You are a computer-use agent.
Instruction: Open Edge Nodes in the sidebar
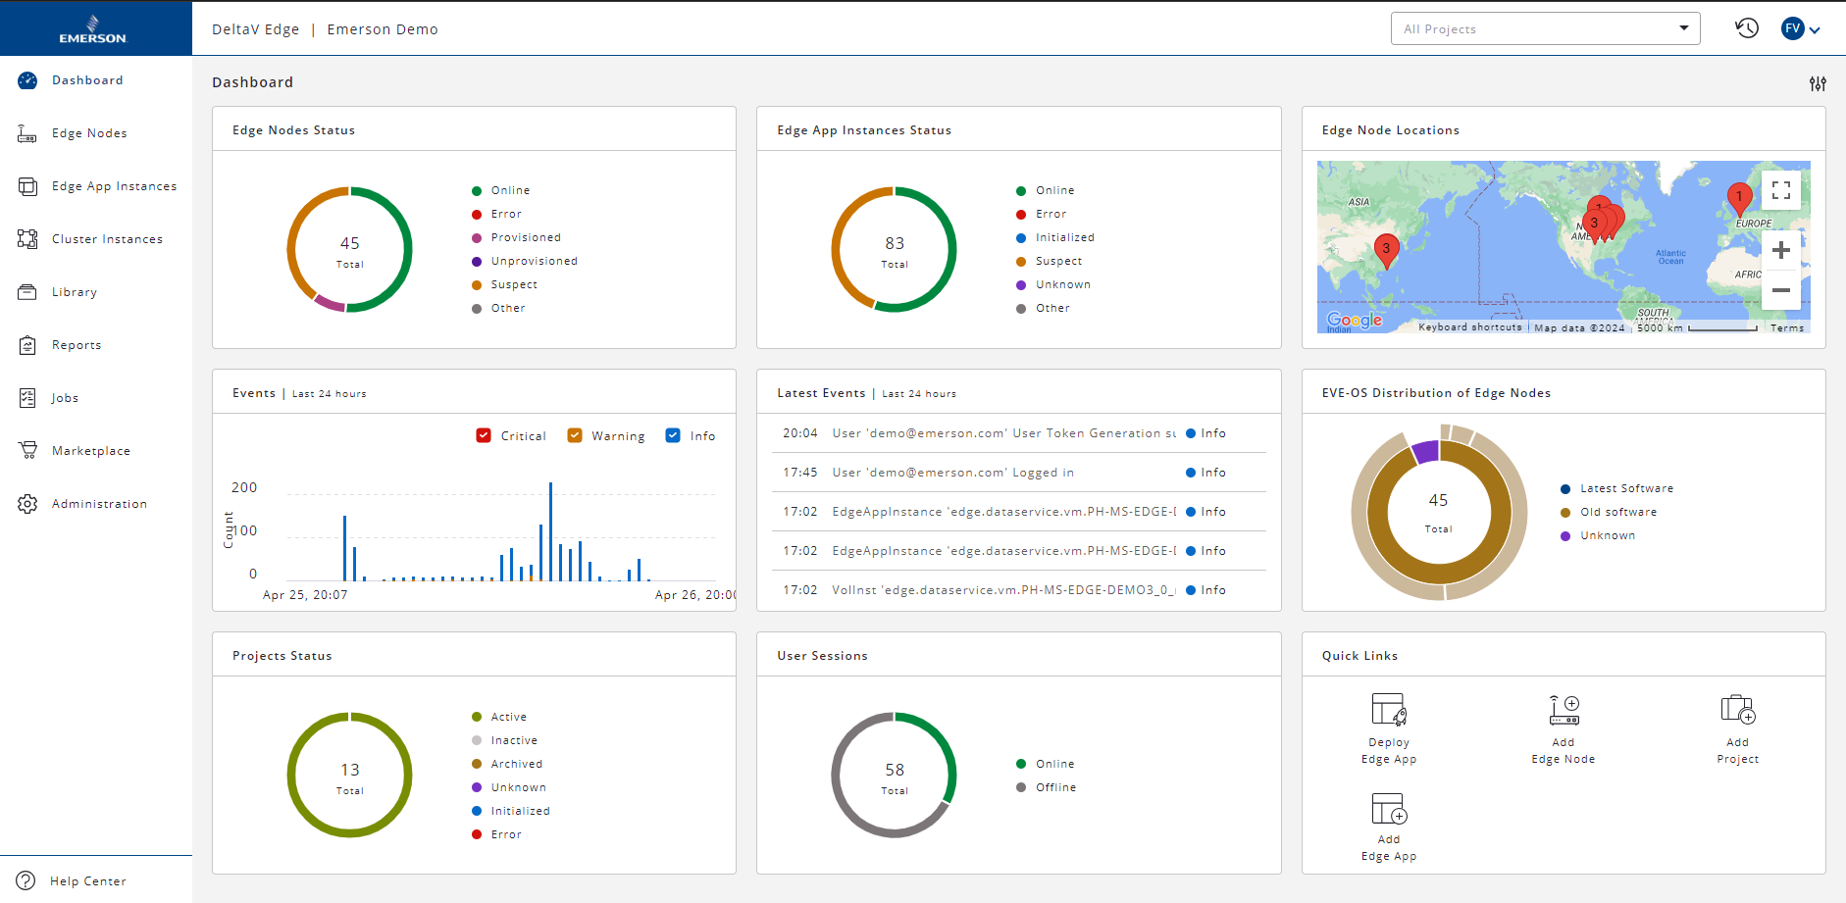point(88,133)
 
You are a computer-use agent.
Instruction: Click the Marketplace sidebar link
point(90,451)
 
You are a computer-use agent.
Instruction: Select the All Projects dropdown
point(1544,29)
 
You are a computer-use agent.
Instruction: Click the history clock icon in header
point(1746,28)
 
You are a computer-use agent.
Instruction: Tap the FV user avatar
point(1793,28)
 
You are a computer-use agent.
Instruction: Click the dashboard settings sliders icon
point(1818,83)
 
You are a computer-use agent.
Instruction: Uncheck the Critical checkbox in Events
point(484,435)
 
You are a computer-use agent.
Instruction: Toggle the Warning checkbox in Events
point(575,435)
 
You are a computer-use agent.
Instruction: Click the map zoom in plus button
point(1781,250)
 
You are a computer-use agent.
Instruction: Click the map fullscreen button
point(1781,190)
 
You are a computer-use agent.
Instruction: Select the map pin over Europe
point(1739,198)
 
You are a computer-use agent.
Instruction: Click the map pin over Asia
point(1386,249)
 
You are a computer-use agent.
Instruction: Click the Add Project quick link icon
point(1737,709)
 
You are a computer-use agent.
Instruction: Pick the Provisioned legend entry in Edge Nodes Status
point(525,237)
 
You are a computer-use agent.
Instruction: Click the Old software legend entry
point(1617,512)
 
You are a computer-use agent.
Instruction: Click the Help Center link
point(87,881)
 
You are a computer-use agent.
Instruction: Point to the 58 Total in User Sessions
point(895,776)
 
